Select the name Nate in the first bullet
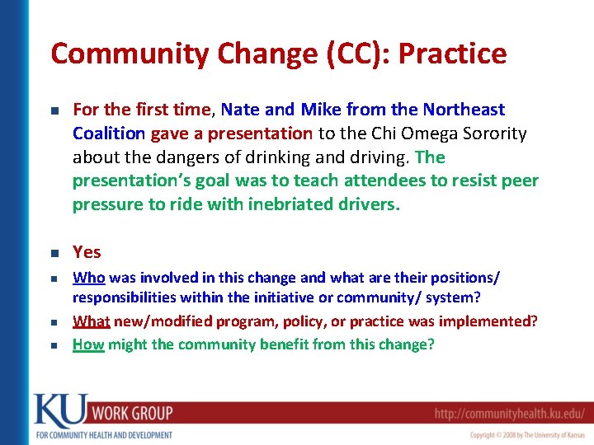click(240, 110)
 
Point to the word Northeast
click(464, 110)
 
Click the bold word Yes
click(87, 252)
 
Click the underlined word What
click(90, 321)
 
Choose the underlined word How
click(87, 344)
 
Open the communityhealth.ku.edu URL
click(511, 413)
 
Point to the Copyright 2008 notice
click(527, 434)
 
